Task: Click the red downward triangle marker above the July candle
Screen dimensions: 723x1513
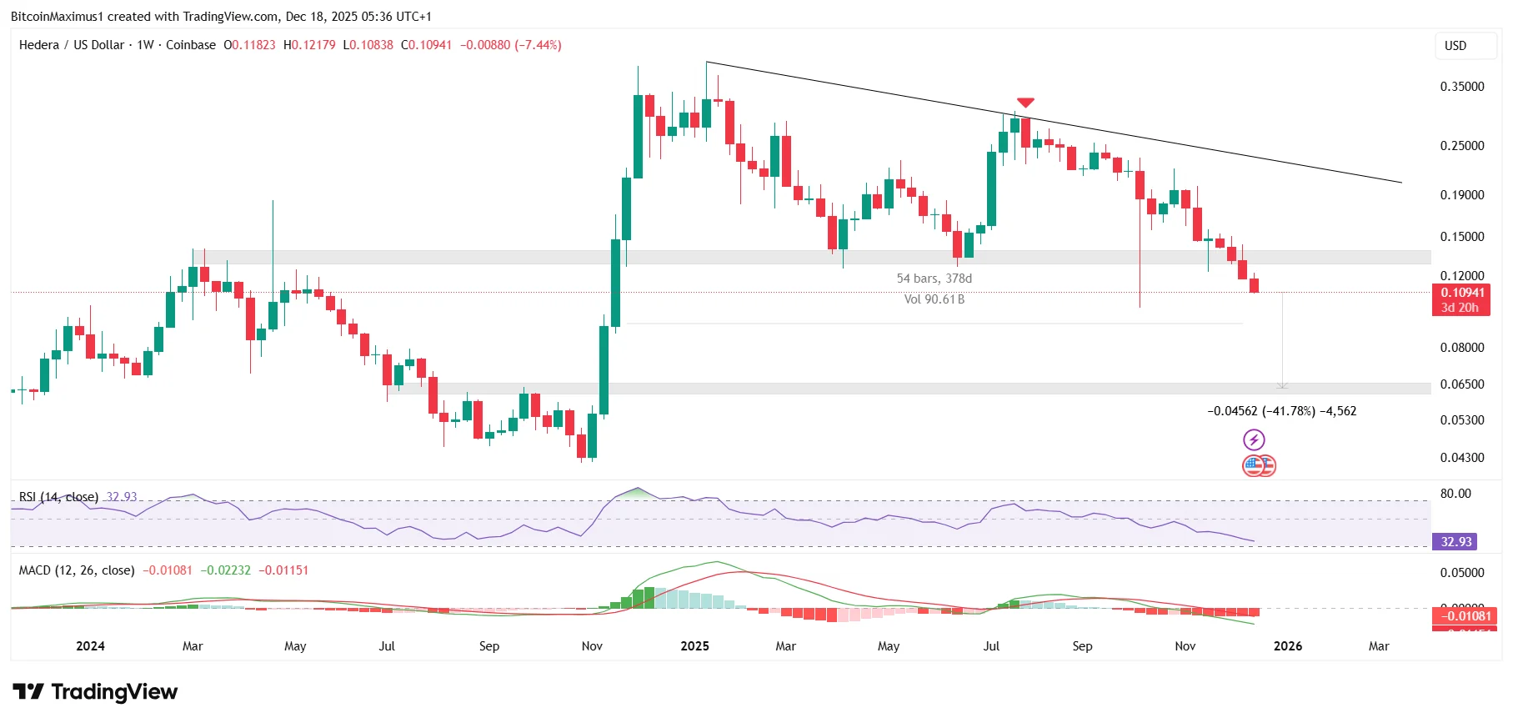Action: click(x=1025, y=103)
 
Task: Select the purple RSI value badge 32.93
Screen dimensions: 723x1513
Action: click(x=1455, y=542)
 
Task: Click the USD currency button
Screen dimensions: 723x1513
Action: click(x=1455, y=46)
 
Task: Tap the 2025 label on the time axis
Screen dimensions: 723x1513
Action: click(x=694, y=646)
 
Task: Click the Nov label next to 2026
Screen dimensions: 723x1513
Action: click(x=1185, y=646)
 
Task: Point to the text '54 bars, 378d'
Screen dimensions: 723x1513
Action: click(x=934, y=279)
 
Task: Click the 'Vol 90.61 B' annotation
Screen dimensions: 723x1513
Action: click(x=934, y=299)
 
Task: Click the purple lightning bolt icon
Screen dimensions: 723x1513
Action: click(x=1254, y=439)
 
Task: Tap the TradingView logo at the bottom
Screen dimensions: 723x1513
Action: click(x=95, y=692)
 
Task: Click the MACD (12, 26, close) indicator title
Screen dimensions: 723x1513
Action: click(x=77, y=570)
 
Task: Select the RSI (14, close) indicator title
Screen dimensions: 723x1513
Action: click(x=58, y=497)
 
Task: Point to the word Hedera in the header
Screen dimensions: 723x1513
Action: click(x=38, y=45)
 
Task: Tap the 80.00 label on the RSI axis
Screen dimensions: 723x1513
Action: click(x=1455, y=494)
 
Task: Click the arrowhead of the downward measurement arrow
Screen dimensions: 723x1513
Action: click(x=1282, y=385)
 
